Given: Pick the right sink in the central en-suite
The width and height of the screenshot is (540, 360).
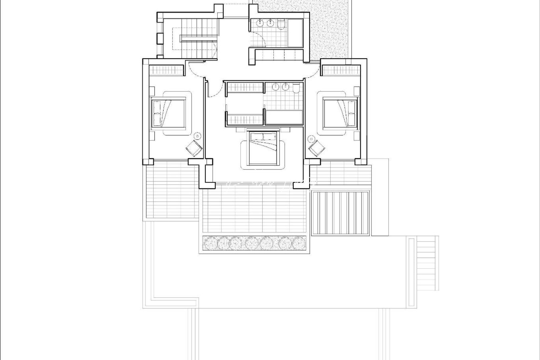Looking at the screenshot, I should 285,87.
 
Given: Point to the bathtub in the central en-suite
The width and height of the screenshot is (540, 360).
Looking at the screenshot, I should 284,118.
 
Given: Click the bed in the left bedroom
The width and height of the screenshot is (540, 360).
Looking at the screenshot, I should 169,113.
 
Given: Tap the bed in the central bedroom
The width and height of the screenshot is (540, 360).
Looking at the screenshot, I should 263,148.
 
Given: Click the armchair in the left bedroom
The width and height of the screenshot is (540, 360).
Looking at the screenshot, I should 194,148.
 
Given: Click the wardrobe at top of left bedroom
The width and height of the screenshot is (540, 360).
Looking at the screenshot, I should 166,70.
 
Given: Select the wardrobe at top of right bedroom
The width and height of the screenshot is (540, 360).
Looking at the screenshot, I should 341,70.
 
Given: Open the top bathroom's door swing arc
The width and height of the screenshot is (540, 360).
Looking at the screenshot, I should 261,45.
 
